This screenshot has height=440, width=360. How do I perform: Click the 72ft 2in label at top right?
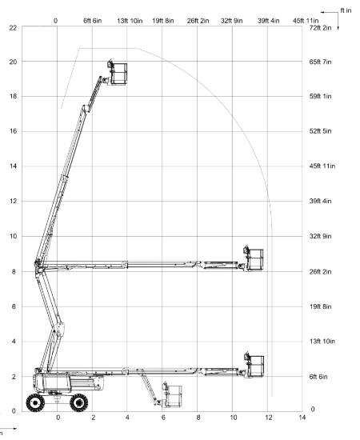click(320, 28)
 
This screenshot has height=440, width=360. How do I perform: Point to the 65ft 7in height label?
click(320, 62)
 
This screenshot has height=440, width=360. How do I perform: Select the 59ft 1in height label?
click(320, 96)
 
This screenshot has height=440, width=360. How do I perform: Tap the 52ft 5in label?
click(320, 131)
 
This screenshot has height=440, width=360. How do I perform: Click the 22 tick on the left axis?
click(13, 28)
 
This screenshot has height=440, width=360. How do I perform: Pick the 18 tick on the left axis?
click(13, 96)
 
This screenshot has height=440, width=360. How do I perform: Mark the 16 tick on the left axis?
click(13, 131)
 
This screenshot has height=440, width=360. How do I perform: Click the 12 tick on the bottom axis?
click(269, 418)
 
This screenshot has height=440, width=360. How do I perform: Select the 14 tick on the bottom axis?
click(302, 418)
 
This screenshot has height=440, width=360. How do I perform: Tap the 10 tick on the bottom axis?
click(234, 418)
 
